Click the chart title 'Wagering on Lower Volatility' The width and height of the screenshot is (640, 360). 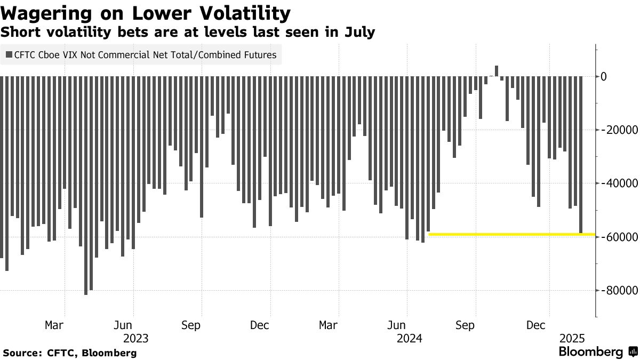[146, 12]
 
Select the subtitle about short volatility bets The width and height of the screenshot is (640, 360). [188, 33]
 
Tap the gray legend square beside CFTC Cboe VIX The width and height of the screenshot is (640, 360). [9, 54]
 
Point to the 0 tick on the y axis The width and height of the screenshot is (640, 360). [604, 77]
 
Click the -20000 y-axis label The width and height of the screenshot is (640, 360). [619, 130]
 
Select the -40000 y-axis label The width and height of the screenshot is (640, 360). [619, 183]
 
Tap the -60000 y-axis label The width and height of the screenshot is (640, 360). [619, 237]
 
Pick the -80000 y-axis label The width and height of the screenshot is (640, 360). [619, 290]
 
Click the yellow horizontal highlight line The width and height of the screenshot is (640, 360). [512, 234]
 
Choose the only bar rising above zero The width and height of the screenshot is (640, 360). [497, 71]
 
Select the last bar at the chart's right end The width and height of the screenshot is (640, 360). [581, 155]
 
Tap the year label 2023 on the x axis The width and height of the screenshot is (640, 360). [137, 338]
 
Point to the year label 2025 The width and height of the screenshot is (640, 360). [572, 338]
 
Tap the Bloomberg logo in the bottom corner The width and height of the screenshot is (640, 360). [597, 352]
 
